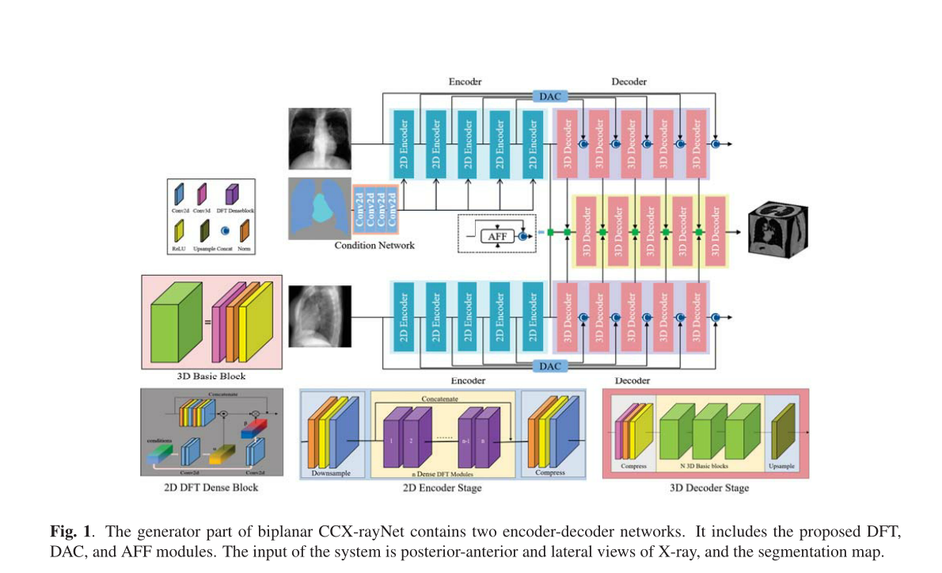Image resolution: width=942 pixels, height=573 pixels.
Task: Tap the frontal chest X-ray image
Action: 321,139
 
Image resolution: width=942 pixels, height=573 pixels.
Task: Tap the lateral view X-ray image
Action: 319,317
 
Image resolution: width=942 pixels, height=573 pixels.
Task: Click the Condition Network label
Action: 374,245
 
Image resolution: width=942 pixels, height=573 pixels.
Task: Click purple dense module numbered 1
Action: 390,438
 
